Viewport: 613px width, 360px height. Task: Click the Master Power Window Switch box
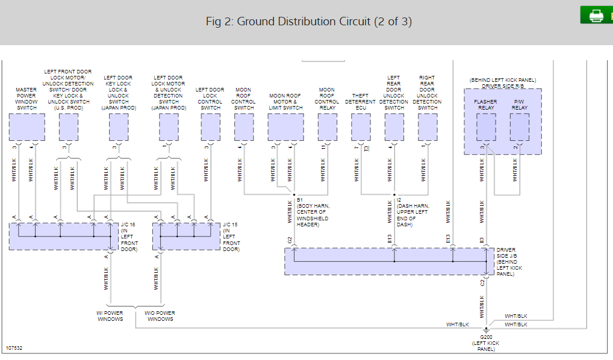[x=27, y=127]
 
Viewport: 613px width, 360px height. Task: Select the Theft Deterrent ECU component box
[x=361, y=127]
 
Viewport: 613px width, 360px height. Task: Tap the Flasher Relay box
[x=486, y=127]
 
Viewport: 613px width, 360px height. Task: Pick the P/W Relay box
[x=519, y=127]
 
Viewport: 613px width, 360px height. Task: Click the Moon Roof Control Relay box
[x=327, y=127]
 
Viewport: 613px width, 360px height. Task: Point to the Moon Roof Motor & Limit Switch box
[x=285, y=127]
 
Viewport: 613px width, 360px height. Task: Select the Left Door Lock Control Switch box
[x=210, y=127]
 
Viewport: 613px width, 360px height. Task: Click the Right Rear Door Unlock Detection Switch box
[x=428, y=127]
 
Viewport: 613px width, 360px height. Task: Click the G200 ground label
[x=486, y=338]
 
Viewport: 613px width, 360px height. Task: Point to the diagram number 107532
[x=15, y=348]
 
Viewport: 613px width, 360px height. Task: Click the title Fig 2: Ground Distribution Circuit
[x=309, y=22]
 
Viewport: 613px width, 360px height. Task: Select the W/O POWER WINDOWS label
[x=160, y=316]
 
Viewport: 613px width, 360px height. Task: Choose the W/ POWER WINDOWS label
[x=110, y=316]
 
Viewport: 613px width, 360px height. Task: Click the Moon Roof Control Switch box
[x=244, y=127]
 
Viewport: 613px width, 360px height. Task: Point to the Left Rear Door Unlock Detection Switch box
[x=394, y=127]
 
